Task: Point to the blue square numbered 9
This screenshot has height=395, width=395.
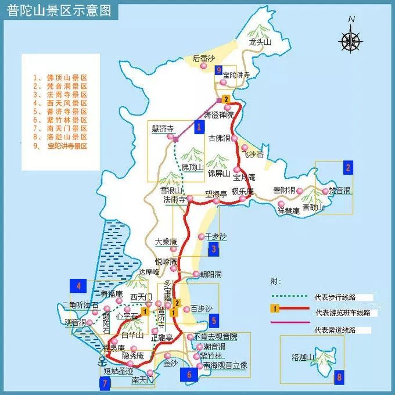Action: pyautogui.click(x=218, y=71)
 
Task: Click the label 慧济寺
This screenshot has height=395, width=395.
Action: pyautogui.click(x=163, y=129)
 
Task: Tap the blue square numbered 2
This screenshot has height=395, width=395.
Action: pyautogui.click(x=348, y=168)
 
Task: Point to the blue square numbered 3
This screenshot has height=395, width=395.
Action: pyautogui.click(x=214, y=250)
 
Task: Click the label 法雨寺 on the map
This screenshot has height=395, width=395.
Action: pyautogui.click(x=174, y=199)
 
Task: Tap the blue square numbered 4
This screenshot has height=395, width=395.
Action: pyautogui.click(x=77, y=285)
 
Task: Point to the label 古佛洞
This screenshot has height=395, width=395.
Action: pyautogui.click(x=220, y=138)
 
